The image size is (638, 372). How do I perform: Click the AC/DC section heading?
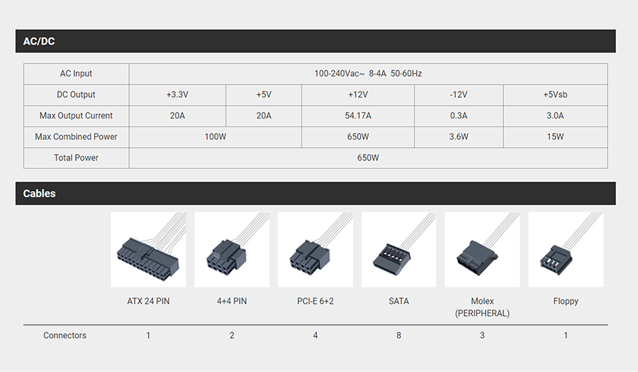[39, 41]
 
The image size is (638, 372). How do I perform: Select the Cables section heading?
[39, 194]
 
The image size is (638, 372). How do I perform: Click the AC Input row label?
[76, 74]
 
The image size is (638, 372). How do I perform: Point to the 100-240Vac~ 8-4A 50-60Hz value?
[368, 74]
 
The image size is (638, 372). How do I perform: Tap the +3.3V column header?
[177, 94]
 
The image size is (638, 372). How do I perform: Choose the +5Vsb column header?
[555, 94]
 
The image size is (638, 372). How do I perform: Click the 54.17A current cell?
[358, 116]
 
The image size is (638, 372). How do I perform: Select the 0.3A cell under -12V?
[459, 116]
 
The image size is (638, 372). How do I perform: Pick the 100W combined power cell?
[216, 137]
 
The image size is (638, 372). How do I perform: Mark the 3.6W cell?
[459, 137]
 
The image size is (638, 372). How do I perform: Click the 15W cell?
[555, 137]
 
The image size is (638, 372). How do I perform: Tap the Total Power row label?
[76, 158]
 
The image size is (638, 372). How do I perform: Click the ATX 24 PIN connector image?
[149, 249]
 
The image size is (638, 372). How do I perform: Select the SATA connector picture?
[398, 249]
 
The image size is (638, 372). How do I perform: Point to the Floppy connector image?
[566, 249]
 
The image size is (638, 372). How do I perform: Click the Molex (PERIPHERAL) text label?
[482, 307]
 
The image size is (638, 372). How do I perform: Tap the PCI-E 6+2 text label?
[315, 301]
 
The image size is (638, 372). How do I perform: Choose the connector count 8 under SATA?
[398, 335]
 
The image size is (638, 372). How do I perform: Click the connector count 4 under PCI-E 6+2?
[315, 335]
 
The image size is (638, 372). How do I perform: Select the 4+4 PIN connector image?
[232, 249]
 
